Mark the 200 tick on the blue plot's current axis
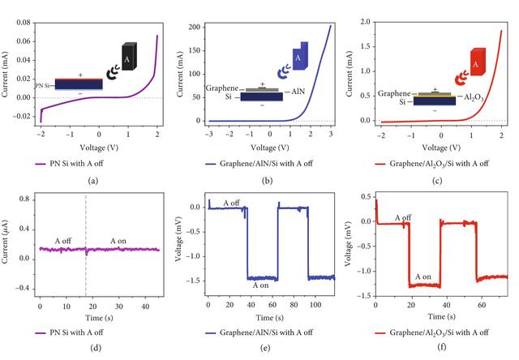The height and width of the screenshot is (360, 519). tap(194, 27)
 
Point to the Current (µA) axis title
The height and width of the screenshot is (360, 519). tap(7, 242)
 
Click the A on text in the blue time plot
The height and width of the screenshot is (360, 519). tap(262, 286)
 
